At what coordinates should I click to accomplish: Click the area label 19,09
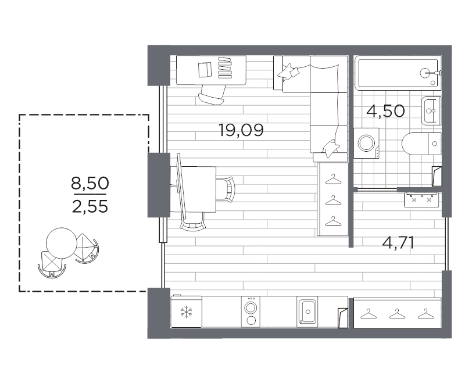(x=241, y=130)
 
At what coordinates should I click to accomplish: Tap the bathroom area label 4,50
(x=385, y=111)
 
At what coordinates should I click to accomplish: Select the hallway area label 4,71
(x=398, y=244)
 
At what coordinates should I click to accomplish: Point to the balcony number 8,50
(x=90, y=183)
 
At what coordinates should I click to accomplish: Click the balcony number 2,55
(x=90, y=206)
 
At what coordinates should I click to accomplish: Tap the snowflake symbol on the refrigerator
(x=186, y=312)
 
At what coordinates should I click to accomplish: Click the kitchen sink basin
(x=307, y=312)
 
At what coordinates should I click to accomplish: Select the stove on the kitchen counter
(x=251, y=312)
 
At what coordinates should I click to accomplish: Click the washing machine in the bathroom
(x=367, y=143)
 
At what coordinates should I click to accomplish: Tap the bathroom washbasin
(x=431, y=111)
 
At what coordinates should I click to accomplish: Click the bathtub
(x=398, y=73)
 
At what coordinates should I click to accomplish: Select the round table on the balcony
(x=62, y=243)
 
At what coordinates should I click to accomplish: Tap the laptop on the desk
(x=205, y=70)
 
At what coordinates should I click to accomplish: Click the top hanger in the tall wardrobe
(x=333, y=179)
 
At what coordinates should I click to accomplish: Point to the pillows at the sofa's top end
(x=288, y=71)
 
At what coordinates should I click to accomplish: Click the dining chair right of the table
(x=226, y=189)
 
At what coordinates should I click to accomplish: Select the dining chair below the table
(x=193, y=222)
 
